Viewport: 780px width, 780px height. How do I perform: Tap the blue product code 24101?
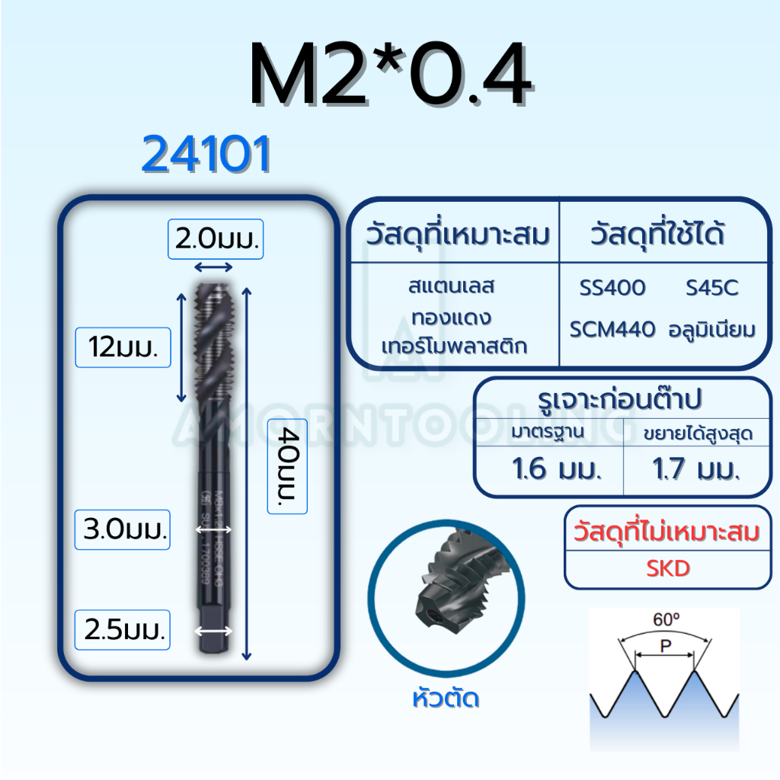tap(206, 156)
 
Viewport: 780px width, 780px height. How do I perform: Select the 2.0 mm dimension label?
tap(216, 241)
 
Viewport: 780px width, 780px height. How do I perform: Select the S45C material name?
tap(711, 288)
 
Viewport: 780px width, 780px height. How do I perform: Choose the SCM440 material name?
tap(612, 330)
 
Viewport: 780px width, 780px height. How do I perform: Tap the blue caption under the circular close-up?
tap(443, 698)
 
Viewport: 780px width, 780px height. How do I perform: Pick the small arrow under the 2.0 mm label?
tap(214, 266)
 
